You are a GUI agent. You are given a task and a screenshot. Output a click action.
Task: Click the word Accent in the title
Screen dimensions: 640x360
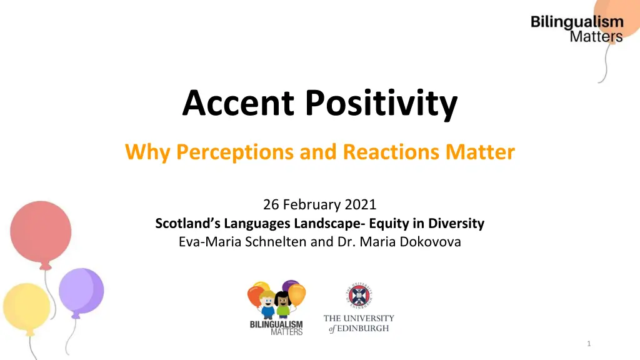tap(238, 102)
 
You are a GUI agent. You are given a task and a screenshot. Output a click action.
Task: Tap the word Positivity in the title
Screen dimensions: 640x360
tap(381, 104)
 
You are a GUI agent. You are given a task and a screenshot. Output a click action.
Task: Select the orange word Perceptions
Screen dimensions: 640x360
tap(235, 152)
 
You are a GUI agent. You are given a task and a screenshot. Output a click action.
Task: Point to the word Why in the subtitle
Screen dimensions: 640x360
tap(147, 152)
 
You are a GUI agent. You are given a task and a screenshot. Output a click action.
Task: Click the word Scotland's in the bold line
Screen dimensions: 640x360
tap(187, 223)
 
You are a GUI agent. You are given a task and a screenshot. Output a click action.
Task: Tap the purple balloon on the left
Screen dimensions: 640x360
tap(81, 291)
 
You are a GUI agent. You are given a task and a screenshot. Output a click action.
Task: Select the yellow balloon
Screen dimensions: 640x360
tap(26, 307)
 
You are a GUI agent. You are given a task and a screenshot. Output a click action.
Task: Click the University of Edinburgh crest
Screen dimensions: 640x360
tap(359, 296)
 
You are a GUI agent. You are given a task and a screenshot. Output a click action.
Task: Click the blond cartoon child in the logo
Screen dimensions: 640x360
tap(268, 304)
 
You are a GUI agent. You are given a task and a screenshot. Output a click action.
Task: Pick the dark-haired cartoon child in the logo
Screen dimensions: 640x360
tap(282, 305)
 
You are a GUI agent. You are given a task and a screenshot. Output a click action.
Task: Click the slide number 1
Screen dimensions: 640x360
tap(589, 344)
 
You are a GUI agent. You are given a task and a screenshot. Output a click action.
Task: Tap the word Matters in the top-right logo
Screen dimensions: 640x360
tap(596, 36)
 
